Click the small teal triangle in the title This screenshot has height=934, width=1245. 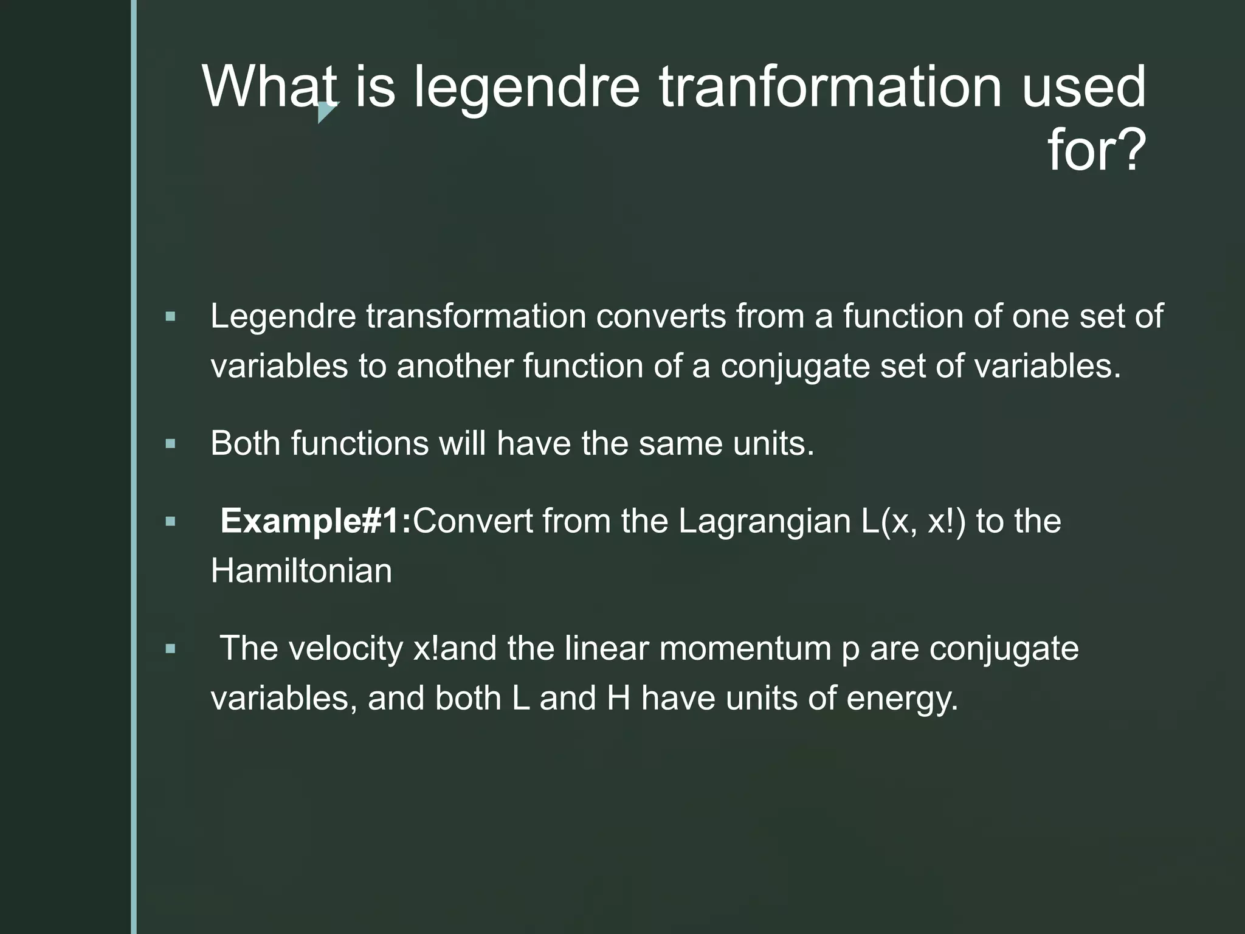326,112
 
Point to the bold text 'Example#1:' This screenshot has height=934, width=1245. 316,521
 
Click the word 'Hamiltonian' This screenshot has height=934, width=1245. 302,571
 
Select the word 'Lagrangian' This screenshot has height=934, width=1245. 765,521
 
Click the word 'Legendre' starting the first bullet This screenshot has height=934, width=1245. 283,317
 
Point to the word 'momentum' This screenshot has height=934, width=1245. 745,649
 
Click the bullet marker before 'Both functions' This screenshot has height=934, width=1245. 170,444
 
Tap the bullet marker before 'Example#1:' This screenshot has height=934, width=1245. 170,522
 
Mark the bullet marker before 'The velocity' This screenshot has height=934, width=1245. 170,649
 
